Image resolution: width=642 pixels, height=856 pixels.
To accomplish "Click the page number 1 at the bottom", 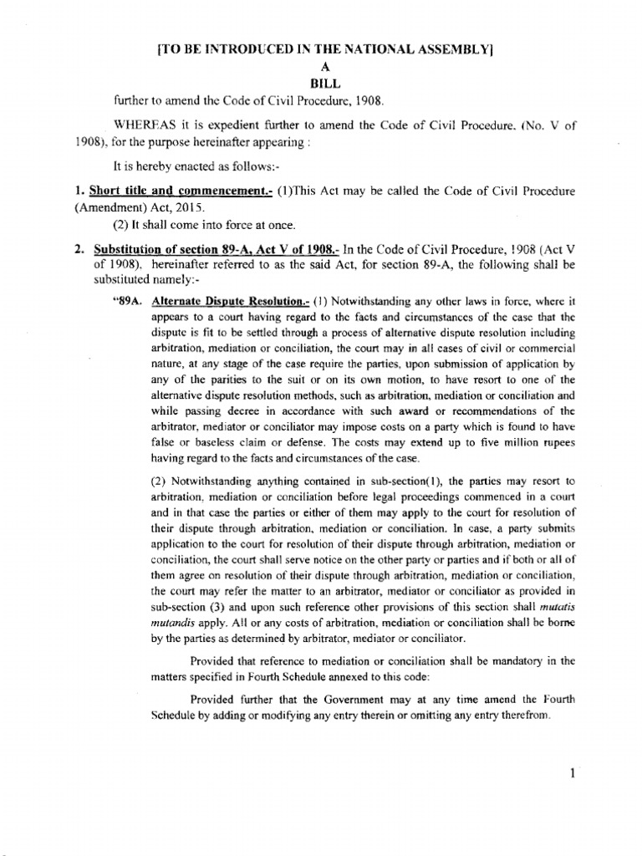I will [x=572, y=773].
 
